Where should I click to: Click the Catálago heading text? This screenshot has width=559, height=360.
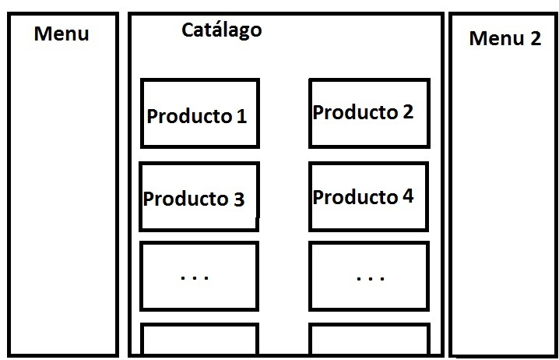pyautogui.click(x=221, y=31)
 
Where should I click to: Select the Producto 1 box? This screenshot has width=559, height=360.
pyautogui.click(x=199, y=113)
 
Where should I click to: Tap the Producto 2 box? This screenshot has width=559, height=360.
pyautogui.click(x=368, y=113)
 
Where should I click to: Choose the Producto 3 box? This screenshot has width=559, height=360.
pyautogui.click(x=199, y=196)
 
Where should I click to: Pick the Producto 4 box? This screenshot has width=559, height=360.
pyautogui.click(x=368, y=196)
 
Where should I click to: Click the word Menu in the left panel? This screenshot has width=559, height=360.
pyautogui.click(x=62, y=34)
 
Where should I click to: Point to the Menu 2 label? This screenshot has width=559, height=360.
pyautogui.click(x=505, y=38)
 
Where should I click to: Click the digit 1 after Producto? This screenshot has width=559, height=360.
pyautogui.click(x=241, y=117)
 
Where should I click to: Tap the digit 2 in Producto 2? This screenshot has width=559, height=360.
pyautogui.click(x=408, y=112)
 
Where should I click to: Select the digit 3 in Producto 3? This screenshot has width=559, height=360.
pyautogui.click(x=238, y=199)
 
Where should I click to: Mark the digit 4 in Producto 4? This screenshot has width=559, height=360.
pyautogui.click(x=408, y=197)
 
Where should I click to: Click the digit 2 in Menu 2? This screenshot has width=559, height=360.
pyautogui.click(x=534, y=38)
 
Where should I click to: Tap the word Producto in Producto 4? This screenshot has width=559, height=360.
pyautogui.click(x=355, y=197)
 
